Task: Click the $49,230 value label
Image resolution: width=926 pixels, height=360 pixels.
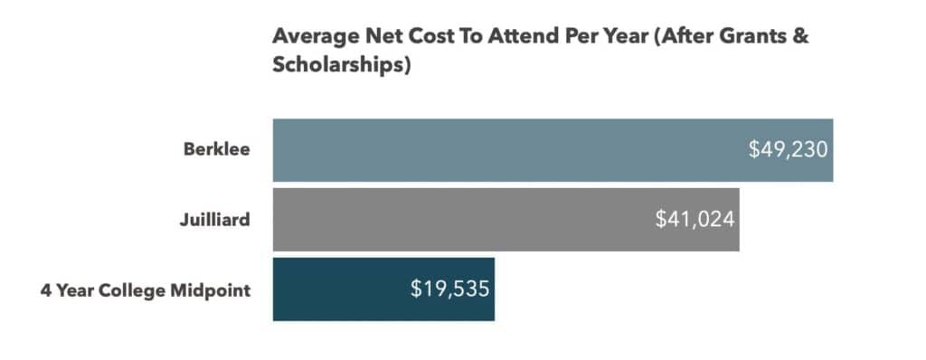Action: click(788, 149)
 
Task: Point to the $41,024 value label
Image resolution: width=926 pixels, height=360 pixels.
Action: click(694, 219)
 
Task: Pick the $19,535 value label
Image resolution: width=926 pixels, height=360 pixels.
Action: click(449, 289)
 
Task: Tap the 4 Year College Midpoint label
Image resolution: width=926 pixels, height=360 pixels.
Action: click(145, 290)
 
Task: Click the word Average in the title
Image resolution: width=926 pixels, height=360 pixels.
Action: click(310, 39)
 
